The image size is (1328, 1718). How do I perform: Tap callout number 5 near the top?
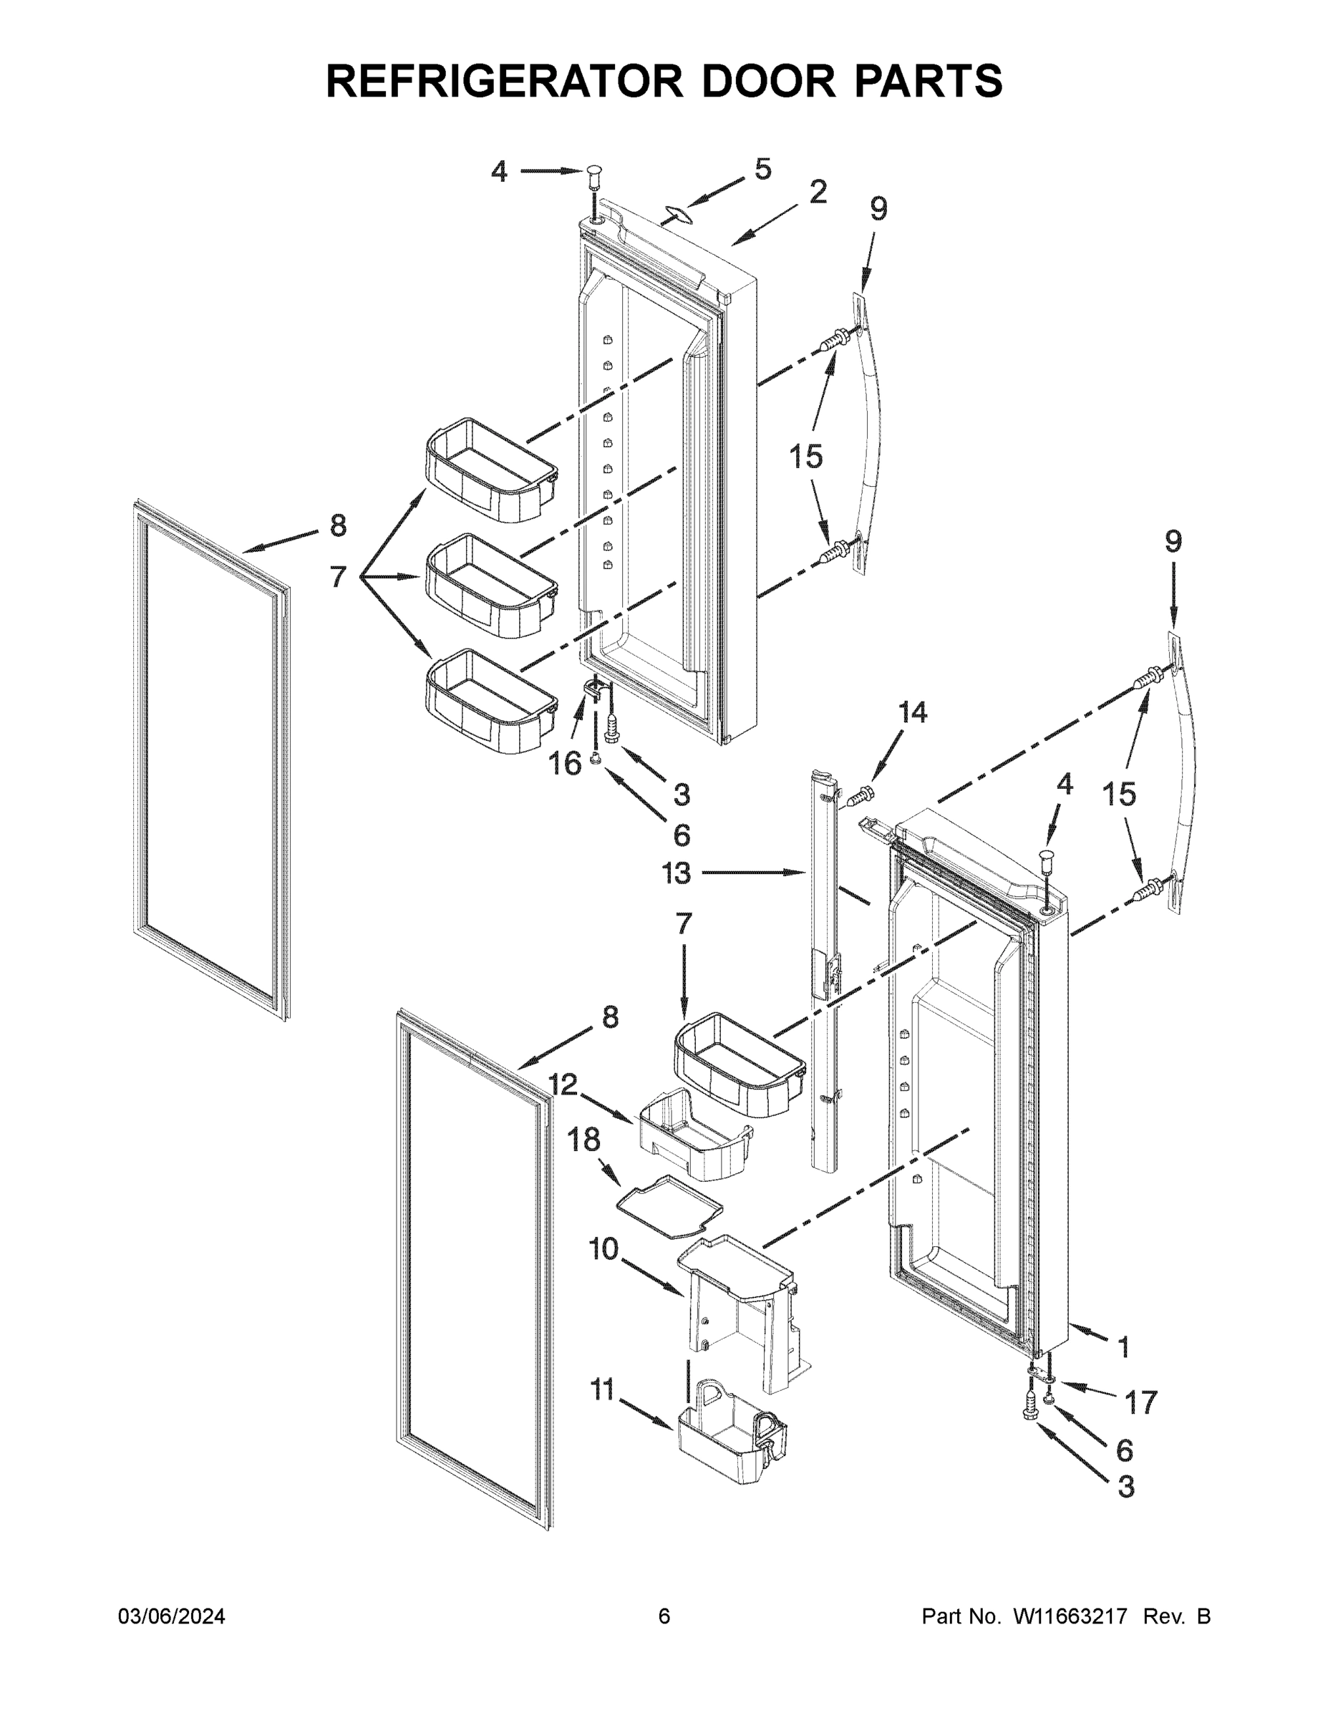click(x=762, y=169)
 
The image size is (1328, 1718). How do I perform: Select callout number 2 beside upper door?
click(x=818, y=192)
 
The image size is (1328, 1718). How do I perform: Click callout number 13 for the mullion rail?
click(x=677, y=873)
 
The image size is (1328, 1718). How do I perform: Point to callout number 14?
click(x=913, y=713)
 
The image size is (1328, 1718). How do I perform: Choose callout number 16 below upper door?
click(x=565, y=763)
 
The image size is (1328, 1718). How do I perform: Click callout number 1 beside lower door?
click(x=1123, y=1346)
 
